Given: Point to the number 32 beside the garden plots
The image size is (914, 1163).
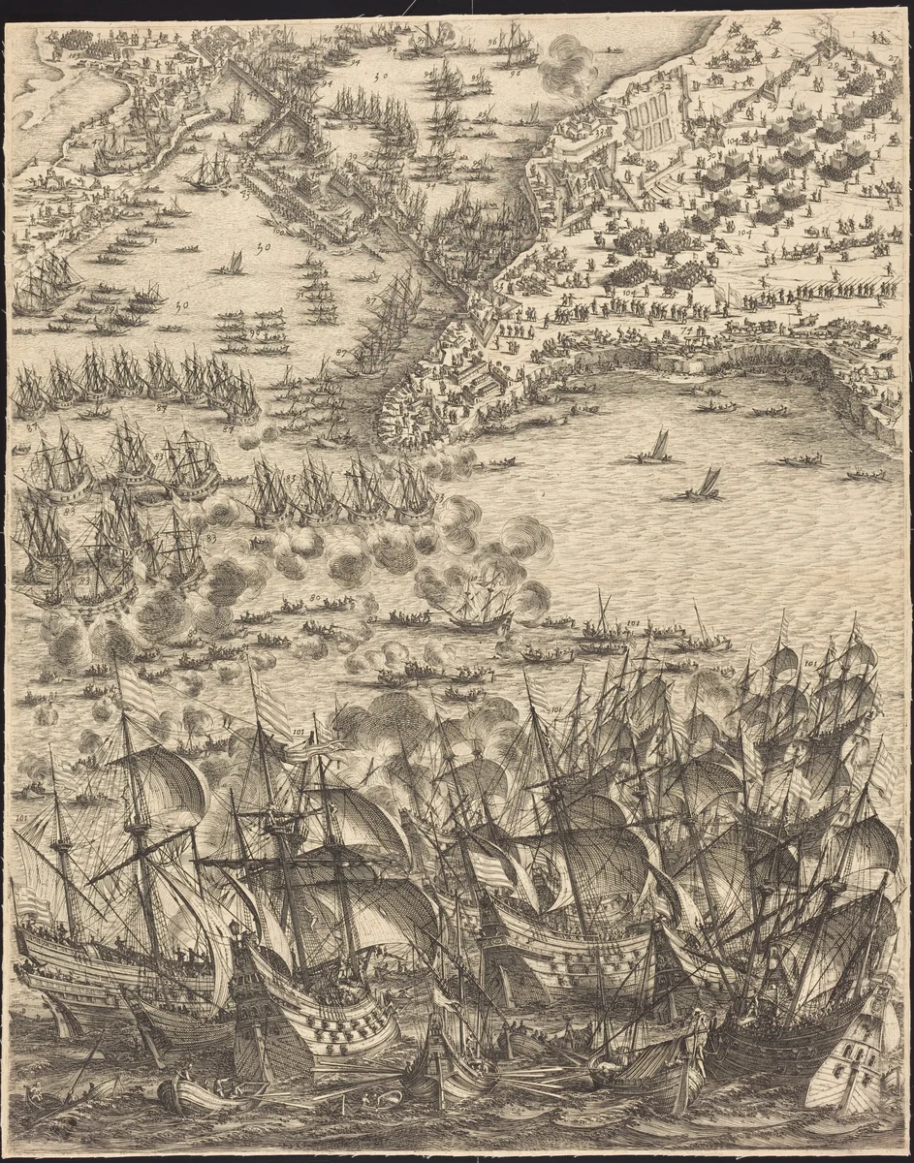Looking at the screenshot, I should coord(666,87).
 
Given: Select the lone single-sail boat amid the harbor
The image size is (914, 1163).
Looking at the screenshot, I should coord(232,263).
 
